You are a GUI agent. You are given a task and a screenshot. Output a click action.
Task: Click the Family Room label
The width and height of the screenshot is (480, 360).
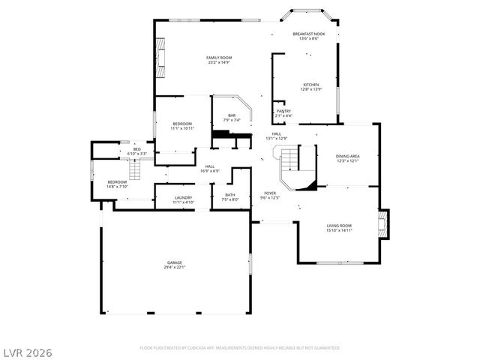coord(218,58)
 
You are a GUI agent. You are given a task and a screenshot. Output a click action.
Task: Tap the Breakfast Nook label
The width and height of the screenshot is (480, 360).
coord(309,34)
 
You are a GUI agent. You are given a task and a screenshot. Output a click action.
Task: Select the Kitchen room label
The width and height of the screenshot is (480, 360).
coord(310,85)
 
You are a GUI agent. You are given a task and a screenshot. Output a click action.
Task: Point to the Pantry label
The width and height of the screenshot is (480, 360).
coord(283,111)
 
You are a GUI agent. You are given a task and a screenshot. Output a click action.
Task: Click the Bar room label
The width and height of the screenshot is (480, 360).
coord(232,115)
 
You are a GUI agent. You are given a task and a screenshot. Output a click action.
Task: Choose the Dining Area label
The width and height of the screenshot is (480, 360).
coord(347,156)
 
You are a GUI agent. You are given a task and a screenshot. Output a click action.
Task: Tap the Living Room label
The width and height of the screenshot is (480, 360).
coord(339,225)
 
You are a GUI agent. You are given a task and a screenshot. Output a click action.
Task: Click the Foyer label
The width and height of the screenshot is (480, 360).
coord(269,193)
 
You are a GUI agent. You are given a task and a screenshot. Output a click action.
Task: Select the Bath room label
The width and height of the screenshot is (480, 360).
coord(229,195)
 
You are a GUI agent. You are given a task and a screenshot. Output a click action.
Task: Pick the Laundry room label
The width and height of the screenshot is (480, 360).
coord(184,198)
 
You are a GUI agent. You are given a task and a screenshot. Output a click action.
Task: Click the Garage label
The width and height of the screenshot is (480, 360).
coord(174,262)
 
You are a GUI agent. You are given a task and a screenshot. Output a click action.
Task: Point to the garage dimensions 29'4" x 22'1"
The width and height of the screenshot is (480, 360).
coord(174,267)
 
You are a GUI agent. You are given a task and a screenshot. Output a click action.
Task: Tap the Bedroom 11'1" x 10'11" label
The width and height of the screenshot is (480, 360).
coord(182,124)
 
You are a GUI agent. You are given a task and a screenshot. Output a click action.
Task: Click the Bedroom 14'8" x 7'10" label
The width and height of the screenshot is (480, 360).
coord(117,182)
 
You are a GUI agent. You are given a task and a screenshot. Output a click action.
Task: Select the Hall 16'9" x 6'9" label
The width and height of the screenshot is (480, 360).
coord(209,166)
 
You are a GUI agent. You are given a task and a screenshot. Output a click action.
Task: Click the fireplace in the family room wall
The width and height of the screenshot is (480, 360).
coord(160,58)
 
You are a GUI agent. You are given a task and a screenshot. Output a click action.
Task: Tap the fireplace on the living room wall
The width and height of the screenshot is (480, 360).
coord(384,225)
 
